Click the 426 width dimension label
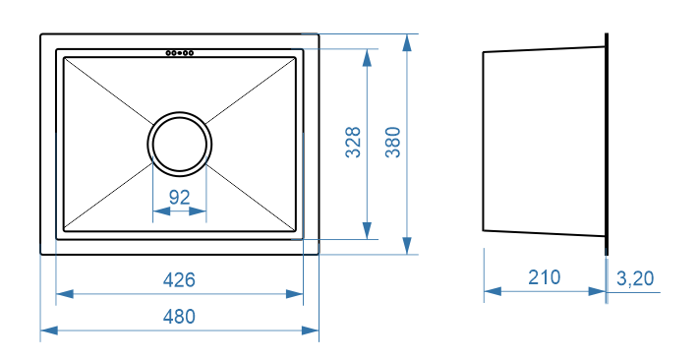tap(179, 279)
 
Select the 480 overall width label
tap(179, 317)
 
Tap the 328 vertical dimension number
tap(354, 142)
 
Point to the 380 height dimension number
tap(393, 142)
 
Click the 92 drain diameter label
tap(179, 197)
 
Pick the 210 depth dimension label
tap(545, 277)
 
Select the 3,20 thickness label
tap(635, 278)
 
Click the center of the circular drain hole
tap(179, 144)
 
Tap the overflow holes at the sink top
tap(179, 53)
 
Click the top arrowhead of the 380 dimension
tap(407, 42)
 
